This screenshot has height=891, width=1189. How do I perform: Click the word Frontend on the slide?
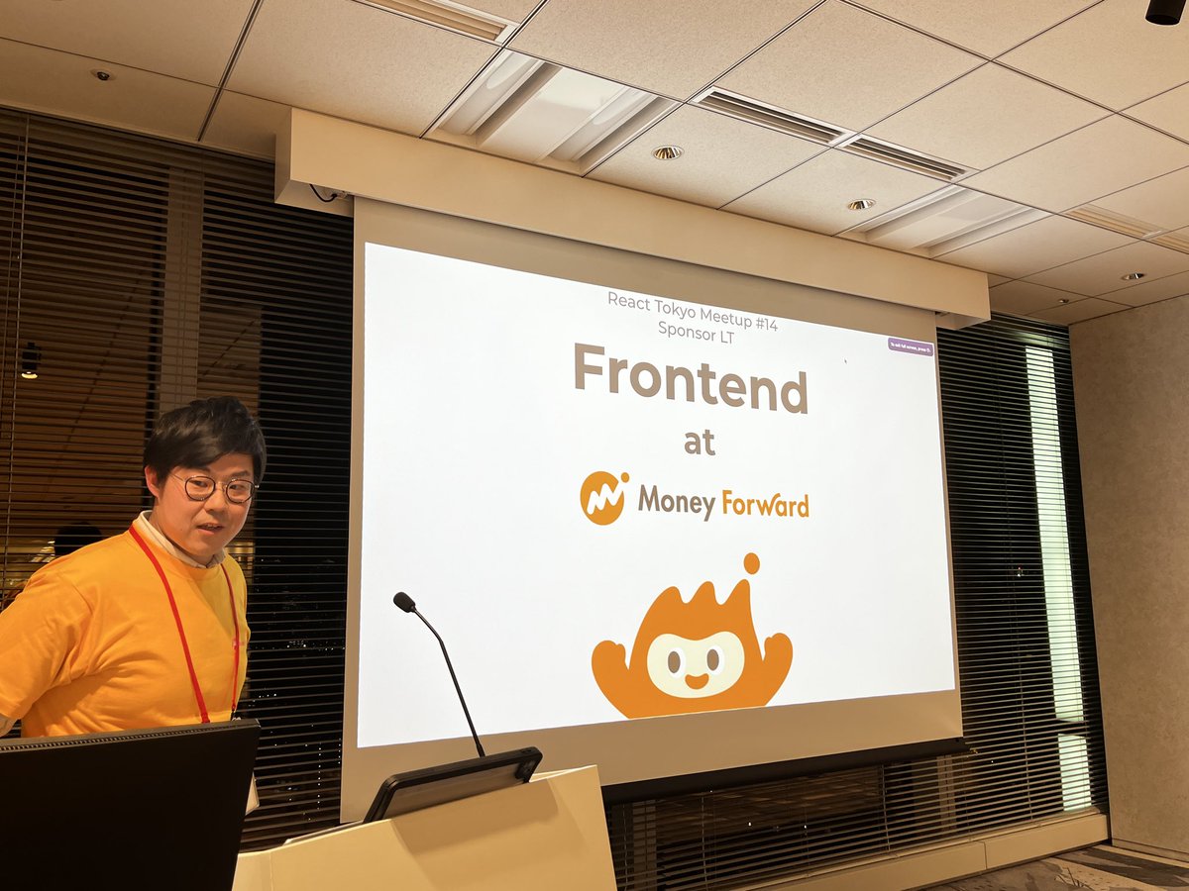[x=691, y=378]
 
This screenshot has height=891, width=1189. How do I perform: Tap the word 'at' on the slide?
[x=700, y=444]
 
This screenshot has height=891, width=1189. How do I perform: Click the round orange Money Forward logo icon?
[x=603, y=498]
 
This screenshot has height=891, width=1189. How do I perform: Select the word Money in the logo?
[x=676, y=502]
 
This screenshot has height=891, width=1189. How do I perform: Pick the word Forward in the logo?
[x=764, y=503]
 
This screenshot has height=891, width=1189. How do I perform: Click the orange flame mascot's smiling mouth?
[x=697, y=681]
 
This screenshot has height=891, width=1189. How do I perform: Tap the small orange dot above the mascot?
[x=751, y=563]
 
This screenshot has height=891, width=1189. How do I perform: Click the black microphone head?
[x=403, y=601]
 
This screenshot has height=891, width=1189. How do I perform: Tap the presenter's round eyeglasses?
[x=213, y=487]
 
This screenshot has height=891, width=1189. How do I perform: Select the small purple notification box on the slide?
[x=911, y=346]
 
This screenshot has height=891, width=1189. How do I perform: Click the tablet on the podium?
[x=454, y=781]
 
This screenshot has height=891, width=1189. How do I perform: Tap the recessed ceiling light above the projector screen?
[x=667, y=152]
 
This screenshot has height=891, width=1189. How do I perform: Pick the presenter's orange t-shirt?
[x=109, y=643]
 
